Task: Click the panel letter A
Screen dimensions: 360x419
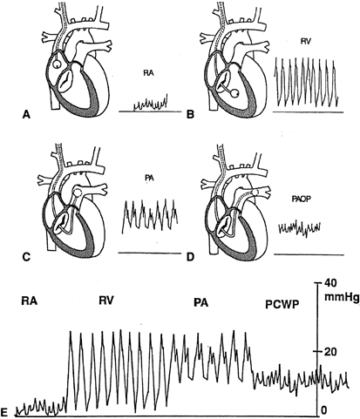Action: click(x=26, y=115)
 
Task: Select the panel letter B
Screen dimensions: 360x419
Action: click(x=190, y=115)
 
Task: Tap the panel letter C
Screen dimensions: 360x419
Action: click(x=26, y=257)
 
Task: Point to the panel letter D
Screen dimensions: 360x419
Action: click(x=190, y=257)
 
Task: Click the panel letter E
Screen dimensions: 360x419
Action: click(x=4, y=412)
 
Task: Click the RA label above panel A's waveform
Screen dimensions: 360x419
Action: click(x=148, y=73)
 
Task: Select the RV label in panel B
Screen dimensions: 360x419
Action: click(x=305, y=42)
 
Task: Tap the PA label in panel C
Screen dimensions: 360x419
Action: click(x=149, y=179)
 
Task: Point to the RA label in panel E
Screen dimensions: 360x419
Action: click(x=30, y=301)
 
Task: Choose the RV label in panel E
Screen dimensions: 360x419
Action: click(x=105, y=301)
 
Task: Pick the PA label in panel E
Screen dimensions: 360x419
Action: click(x=201, y=303)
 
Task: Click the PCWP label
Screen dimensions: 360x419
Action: click(x=282, y=305)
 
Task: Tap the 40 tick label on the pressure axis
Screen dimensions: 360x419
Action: click(x=330, y=282)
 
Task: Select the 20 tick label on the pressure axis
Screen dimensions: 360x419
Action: click(x=330, y=352)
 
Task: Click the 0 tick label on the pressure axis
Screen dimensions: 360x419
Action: click(x=324, y=409)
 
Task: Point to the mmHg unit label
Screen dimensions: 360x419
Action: click(x=342, y=297)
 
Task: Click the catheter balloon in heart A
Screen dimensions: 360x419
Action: click(x=57, y=64)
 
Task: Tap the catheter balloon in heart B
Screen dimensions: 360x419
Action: click(x=235, y=93)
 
